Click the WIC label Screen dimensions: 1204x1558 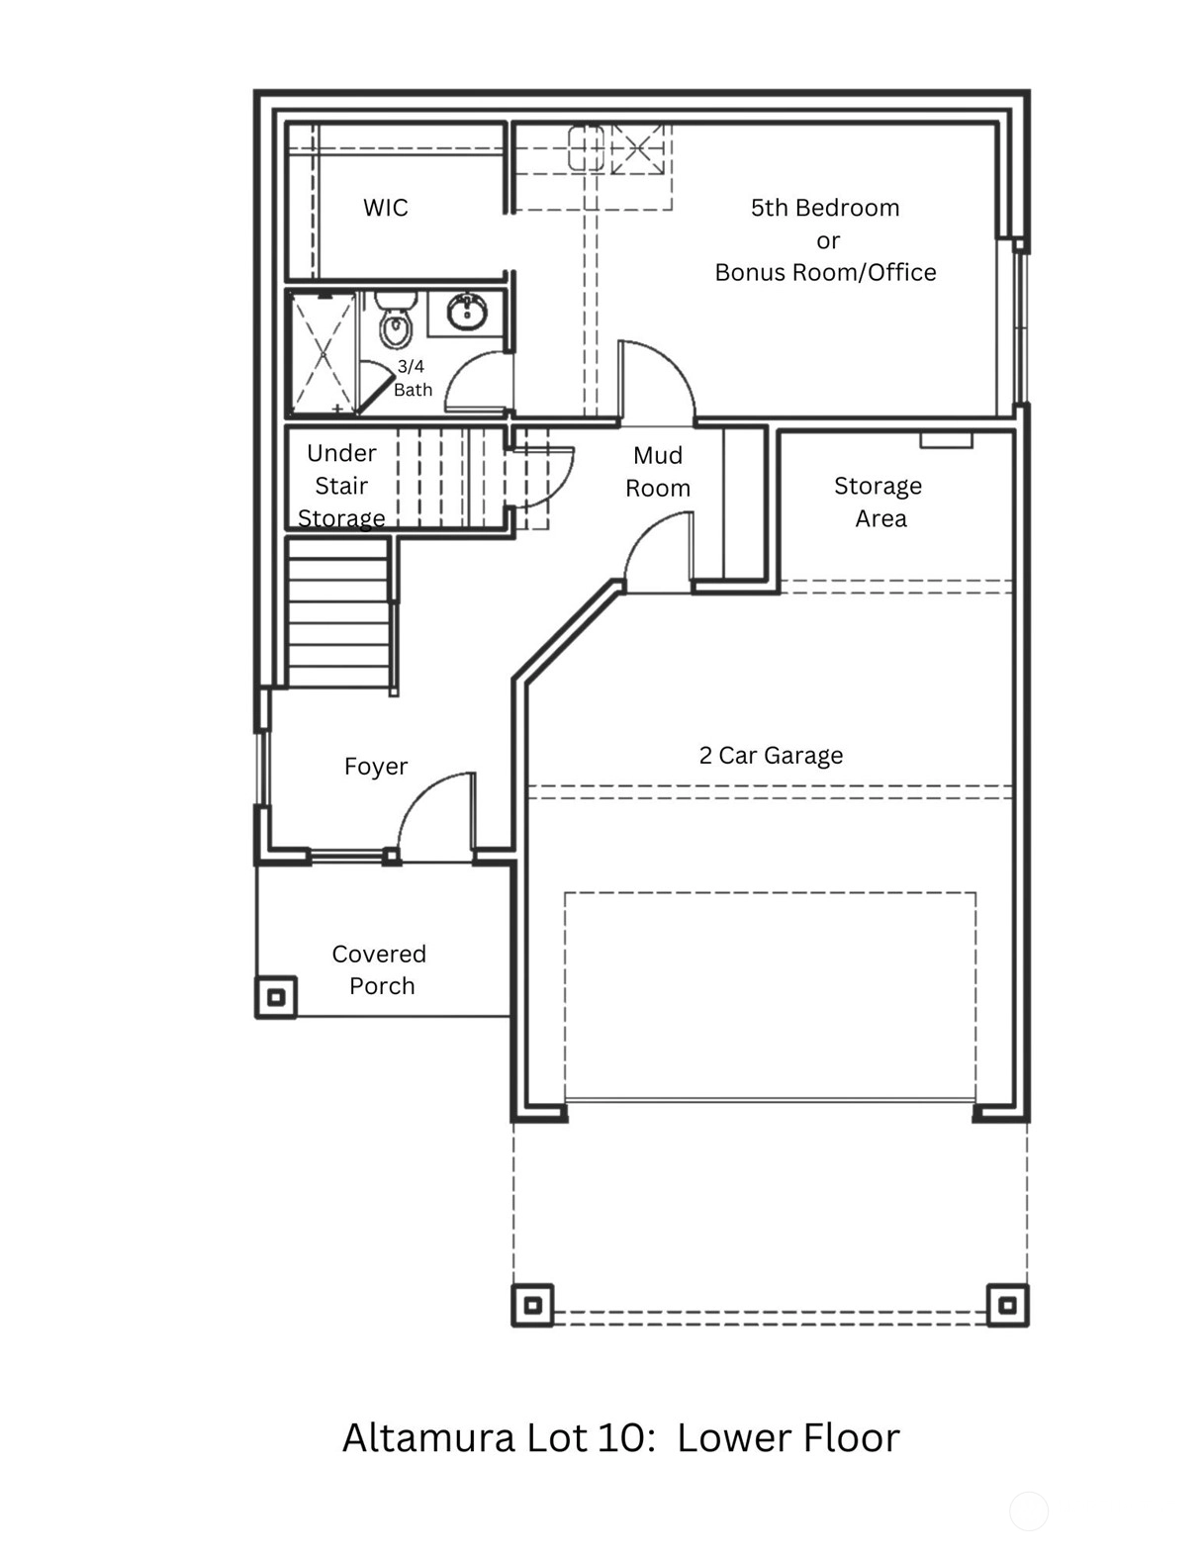click(385, 207)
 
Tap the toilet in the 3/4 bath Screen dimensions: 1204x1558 click(395, 320)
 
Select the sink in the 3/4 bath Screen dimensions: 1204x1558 click(467, 312)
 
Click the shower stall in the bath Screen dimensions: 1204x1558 click(324, 353)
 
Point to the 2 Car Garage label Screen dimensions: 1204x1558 click(771, 755)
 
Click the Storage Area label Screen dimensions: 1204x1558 click(880, 502)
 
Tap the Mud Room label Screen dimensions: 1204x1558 click(658, 471)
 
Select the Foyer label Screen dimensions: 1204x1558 click(376, 767)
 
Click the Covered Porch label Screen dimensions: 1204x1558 click(379, 969)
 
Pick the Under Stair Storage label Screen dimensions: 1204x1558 click(341, 486)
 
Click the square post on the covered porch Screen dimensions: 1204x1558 click(276, 996)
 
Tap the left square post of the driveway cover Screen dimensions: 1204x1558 click(532, 1305)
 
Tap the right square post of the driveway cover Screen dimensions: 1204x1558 click(1007, 1305)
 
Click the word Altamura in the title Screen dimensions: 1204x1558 click(428, 1438)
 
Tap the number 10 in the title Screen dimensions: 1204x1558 click(623, 1438)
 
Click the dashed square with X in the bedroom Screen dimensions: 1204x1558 click(637, 149)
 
